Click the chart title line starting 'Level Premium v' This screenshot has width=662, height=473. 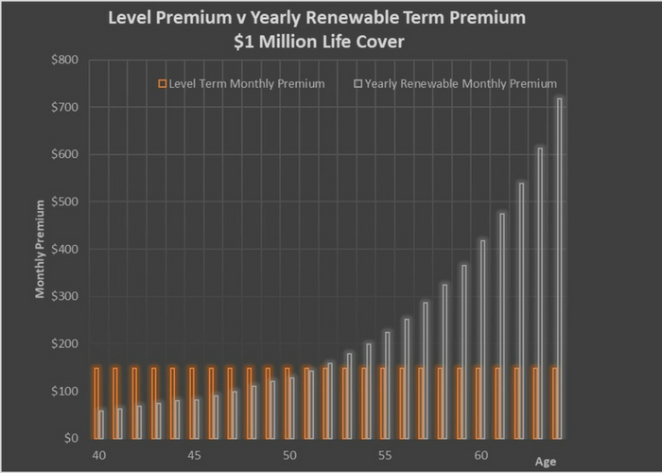click(x=329, y=18)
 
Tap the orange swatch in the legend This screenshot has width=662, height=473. click(x=163, y=84)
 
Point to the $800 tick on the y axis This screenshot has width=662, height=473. click(x=66, y=61)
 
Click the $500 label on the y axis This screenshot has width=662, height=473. click(x=66, y=202)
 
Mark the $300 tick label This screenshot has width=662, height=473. click(x=66, y=297)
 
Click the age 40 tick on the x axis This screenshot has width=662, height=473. click(x=98, y=455)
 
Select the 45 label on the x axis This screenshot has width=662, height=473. click(x=194, y=455)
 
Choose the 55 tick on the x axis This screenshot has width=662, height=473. click(x=384, y=455)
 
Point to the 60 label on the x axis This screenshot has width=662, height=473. click(x=479, y=455)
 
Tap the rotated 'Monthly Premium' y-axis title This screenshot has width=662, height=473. click(x=40, y=248)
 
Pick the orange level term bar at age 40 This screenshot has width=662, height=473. click(x=96, y=403)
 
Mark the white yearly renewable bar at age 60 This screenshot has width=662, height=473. click(x=483, y=339)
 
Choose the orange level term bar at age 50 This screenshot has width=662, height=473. click(x=287, y=403)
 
